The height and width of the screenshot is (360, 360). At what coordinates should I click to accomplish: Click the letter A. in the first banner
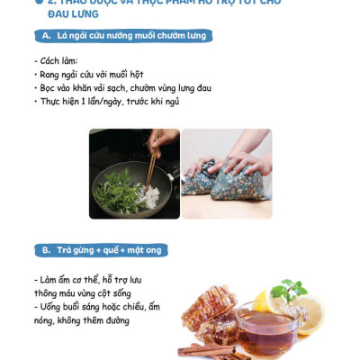click(46, 36)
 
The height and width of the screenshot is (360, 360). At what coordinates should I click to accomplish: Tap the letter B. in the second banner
click(46, 249)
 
